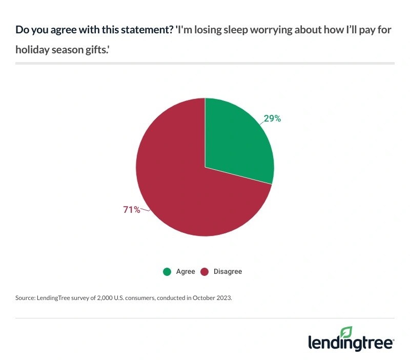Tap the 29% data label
tap(272, 118)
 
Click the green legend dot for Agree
tap(167, 271)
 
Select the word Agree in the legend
tap(186, 271)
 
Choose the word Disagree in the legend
tap(228, 271)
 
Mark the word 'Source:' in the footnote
tap(25, 297)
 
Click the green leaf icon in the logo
tap(347, 331)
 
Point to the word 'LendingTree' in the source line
tap(54, 297)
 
